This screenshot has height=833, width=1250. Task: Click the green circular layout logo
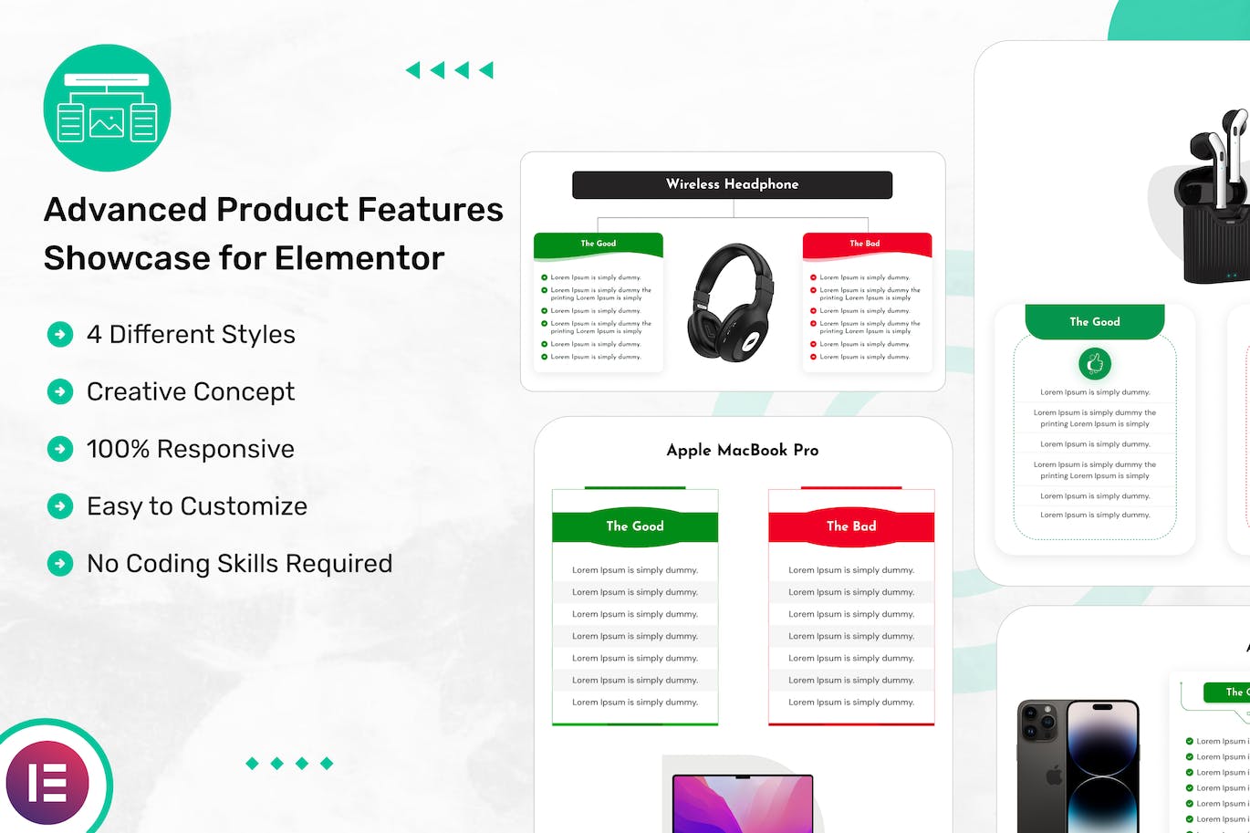pos(107,108)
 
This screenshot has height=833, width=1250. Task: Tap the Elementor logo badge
pos(47,782)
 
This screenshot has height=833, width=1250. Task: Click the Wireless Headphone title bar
pos(732,184)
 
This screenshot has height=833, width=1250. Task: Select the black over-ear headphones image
pos(732,302)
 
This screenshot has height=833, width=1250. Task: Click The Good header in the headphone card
pos(599,244)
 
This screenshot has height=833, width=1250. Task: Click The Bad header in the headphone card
pos(865,244)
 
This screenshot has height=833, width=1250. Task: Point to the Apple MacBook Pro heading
pos(742,450)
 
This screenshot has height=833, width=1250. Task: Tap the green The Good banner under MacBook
pos(635,526)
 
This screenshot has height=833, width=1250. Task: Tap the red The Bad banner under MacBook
pos(850,526)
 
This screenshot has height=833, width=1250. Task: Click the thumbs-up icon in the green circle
pos(1095,364)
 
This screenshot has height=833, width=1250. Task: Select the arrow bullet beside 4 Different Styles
pos(60,335)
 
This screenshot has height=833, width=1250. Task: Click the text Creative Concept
pos(190,391)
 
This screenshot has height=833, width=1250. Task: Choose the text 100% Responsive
pos(190,449)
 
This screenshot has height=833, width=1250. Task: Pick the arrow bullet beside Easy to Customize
pos(60,506)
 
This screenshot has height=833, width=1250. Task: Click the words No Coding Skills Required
pos(239,564)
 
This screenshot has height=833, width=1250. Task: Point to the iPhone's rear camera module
pos(1040,725)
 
